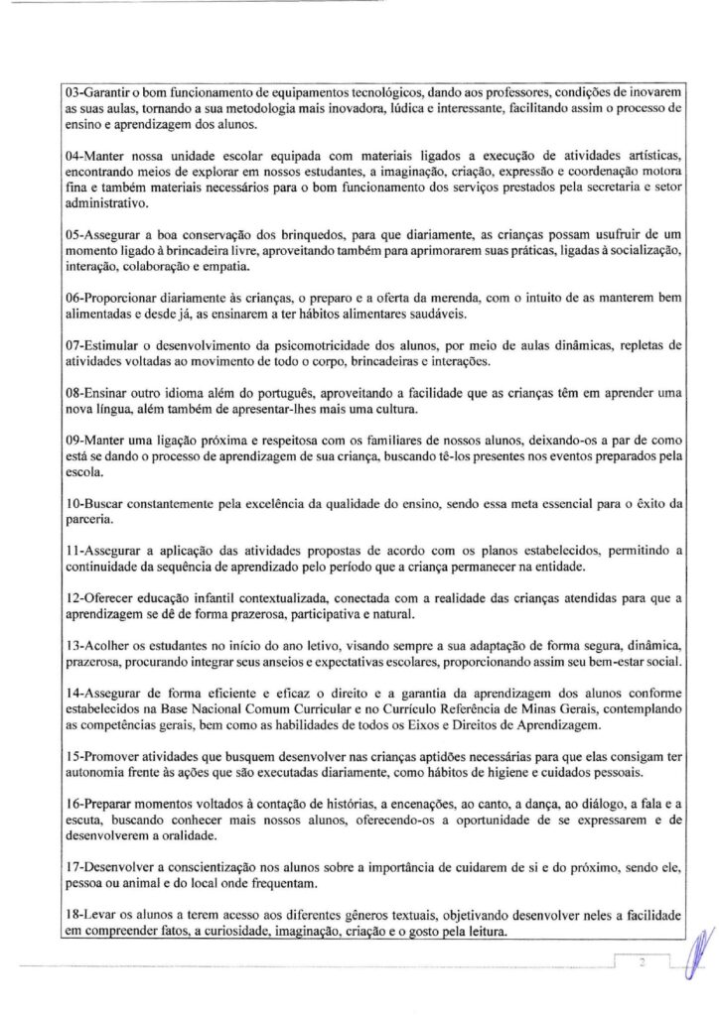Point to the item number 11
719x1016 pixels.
[x=67, y=549]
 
